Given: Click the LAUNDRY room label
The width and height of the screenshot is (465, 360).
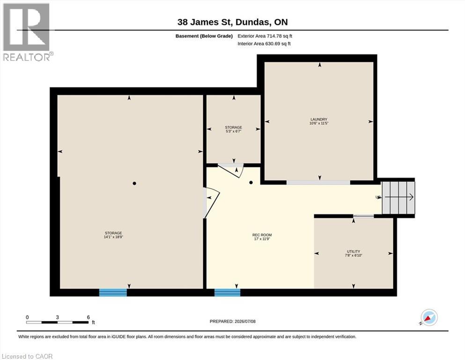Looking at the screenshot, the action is [319, 120].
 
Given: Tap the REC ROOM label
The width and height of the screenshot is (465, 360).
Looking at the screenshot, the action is [262, 235].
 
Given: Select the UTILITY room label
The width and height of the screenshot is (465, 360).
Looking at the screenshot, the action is [354, 251].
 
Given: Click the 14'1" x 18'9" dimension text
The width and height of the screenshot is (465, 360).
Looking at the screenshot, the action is [113, 237].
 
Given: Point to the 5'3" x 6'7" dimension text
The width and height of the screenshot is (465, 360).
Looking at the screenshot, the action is [233, 131].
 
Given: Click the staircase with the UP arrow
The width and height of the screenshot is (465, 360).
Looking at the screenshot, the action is [399, 197].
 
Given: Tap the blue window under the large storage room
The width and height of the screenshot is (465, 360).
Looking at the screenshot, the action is [113, 292].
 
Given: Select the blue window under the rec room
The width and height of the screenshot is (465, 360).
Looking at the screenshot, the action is [228, 292].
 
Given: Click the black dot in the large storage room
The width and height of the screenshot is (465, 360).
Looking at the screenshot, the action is [134, 183].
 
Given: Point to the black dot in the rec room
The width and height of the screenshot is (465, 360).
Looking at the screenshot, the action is [251, 182].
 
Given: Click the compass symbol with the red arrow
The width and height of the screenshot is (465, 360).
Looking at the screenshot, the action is [429, 317].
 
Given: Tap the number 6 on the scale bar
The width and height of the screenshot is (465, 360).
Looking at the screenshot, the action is [89, 317].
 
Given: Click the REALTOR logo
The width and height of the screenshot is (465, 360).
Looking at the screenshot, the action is [27, 32].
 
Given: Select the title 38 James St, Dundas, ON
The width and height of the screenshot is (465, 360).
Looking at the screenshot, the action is [232, 22].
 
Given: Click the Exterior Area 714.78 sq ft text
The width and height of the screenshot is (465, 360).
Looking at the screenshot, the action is [265, 36].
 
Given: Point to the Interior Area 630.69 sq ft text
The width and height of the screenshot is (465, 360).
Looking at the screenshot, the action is [264, 44].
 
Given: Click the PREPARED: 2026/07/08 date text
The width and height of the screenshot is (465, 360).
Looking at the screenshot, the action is [232, 322].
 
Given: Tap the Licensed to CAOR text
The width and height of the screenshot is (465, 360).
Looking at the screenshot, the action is [27, 356].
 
